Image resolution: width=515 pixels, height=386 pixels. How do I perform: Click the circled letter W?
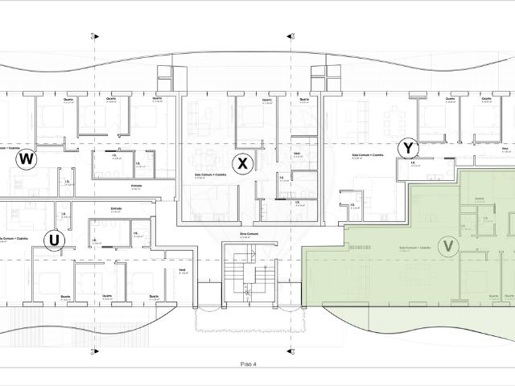click(x=27, y=159)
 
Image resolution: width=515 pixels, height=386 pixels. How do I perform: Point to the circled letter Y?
click(x=410, y=148)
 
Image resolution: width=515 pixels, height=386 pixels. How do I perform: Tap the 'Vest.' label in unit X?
click(x=297, y=152)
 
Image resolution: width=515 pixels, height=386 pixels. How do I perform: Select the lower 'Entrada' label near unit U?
click(x=116, y=209)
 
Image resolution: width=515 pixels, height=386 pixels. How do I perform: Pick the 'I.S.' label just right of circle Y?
click(x=412, y=163)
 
